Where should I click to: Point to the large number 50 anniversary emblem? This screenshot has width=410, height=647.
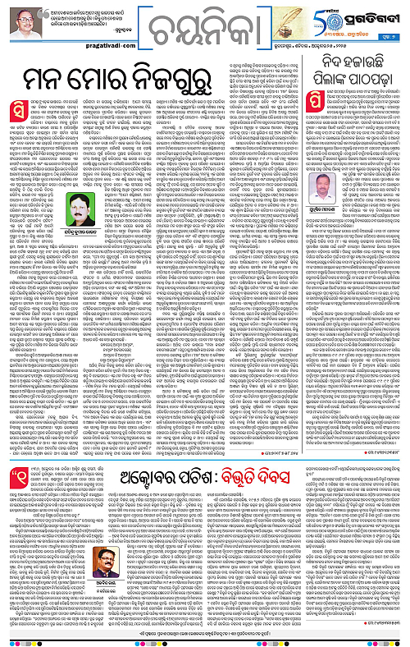point(335,14)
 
